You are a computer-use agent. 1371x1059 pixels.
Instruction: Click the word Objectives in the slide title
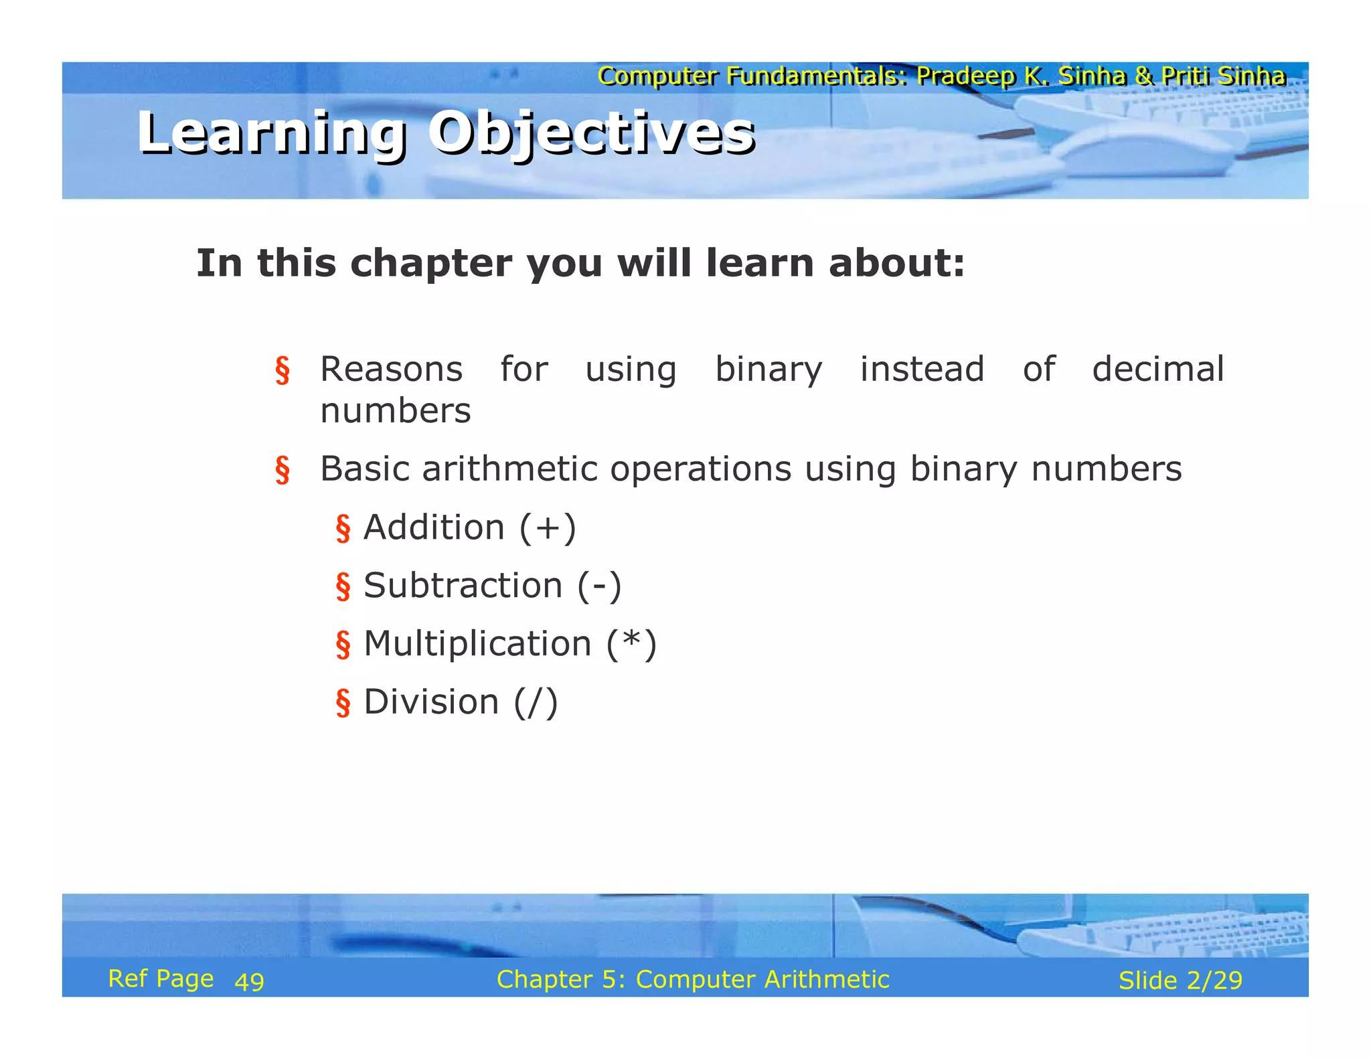592,133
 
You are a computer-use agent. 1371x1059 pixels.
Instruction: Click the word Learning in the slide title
271,133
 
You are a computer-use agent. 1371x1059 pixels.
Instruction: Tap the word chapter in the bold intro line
431,262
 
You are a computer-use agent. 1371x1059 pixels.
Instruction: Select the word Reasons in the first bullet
392,370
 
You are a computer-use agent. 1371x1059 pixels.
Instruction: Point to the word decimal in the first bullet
1157,370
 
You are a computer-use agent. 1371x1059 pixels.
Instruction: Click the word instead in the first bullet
922,370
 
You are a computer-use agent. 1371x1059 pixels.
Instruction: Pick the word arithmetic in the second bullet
509,469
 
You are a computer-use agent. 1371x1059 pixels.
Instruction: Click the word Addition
434,527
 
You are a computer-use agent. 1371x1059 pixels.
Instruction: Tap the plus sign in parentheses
547,528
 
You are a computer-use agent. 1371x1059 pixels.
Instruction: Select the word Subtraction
463,586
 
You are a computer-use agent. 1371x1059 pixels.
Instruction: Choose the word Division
431,702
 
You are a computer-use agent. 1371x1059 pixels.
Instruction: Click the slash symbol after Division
536,703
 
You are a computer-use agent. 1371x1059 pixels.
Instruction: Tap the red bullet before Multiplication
343,645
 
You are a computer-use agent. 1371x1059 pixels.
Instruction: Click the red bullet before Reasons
283,370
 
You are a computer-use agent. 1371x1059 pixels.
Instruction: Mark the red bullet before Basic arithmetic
283,469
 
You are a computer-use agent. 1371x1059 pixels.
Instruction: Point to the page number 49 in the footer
250,981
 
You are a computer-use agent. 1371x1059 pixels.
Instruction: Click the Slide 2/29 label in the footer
1180,981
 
